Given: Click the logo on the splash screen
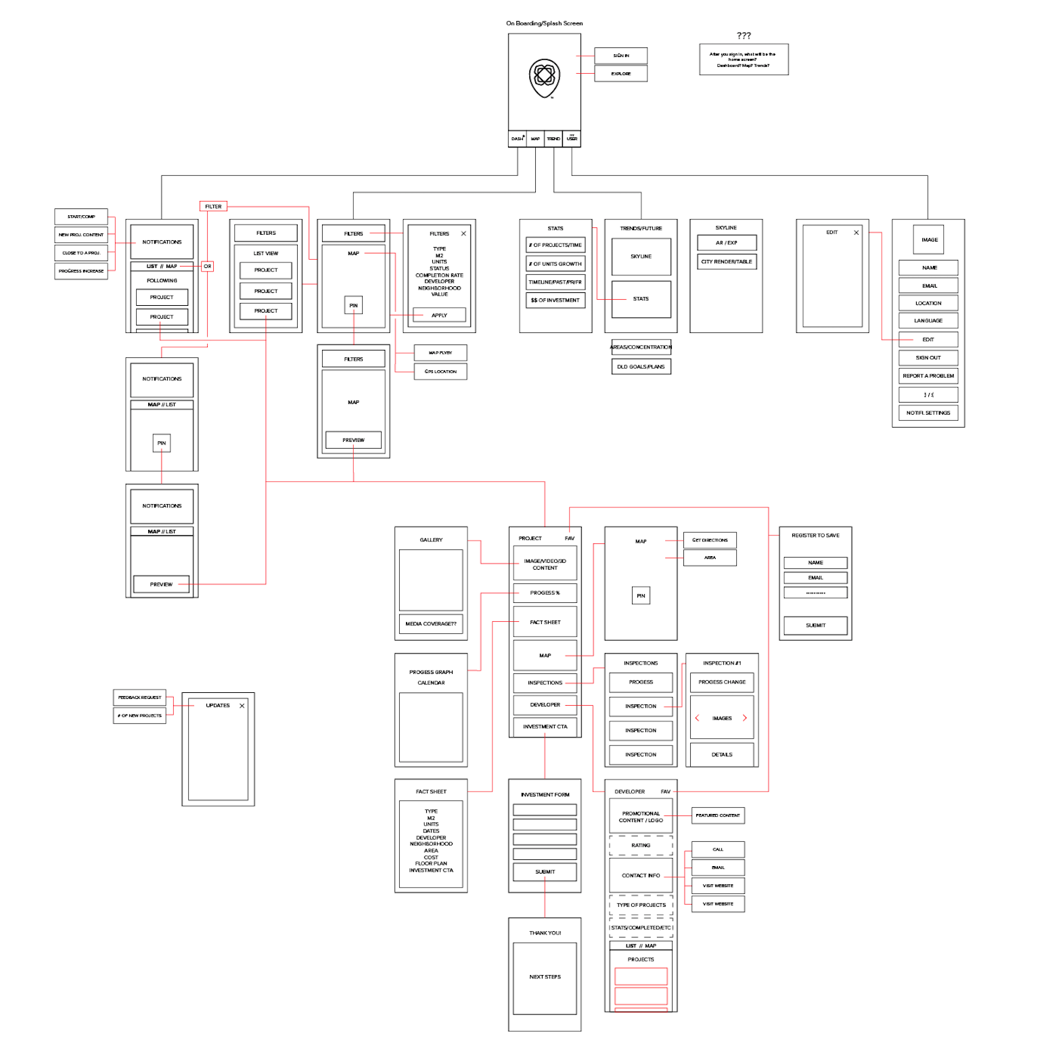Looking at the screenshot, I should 545,78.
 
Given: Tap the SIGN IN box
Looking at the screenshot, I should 621,55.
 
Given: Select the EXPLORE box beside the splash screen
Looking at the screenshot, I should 621,74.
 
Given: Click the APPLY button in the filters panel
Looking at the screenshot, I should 439,315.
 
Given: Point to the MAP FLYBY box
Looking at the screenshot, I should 440,353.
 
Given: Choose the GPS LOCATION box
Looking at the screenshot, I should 440,371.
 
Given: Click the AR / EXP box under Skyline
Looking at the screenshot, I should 727,243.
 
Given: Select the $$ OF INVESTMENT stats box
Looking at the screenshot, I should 555,300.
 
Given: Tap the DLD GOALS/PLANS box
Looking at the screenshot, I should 641,367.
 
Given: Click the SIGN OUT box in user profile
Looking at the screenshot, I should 928,358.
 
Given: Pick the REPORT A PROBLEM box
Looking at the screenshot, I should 928,376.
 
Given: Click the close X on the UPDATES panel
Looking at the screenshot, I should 242,706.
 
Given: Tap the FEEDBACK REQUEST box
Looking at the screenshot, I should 140,698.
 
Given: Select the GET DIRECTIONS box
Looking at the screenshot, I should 710,540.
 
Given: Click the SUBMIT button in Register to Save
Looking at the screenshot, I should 815,625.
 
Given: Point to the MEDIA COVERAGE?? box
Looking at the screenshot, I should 431,624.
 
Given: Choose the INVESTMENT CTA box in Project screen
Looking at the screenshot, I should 545,727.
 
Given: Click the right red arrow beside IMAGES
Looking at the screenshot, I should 745,718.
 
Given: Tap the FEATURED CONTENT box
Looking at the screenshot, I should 718,815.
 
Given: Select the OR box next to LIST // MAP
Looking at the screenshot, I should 208,267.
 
